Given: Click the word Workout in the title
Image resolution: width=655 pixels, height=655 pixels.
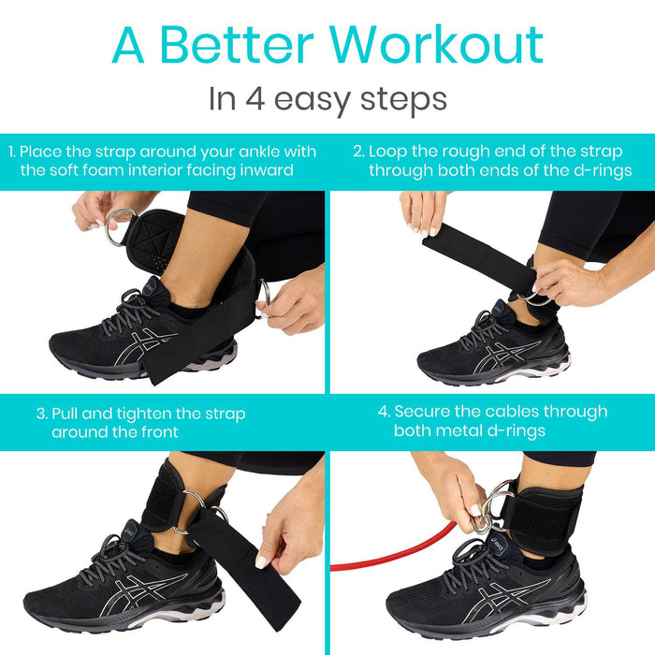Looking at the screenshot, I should click(x=439, y=44).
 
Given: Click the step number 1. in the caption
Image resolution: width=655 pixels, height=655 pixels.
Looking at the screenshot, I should click(x=12, y=152).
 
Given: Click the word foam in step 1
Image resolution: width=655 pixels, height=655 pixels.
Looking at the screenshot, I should click(x=124, y=170).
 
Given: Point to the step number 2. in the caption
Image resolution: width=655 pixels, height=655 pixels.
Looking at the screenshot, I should click(x=358, y=151).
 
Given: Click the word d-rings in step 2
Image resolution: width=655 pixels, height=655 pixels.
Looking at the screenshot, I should click(x=604, y=170).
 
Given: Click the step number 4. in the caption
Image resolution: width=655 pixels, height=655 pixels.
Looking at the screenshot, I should click(x=384, y=412).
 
